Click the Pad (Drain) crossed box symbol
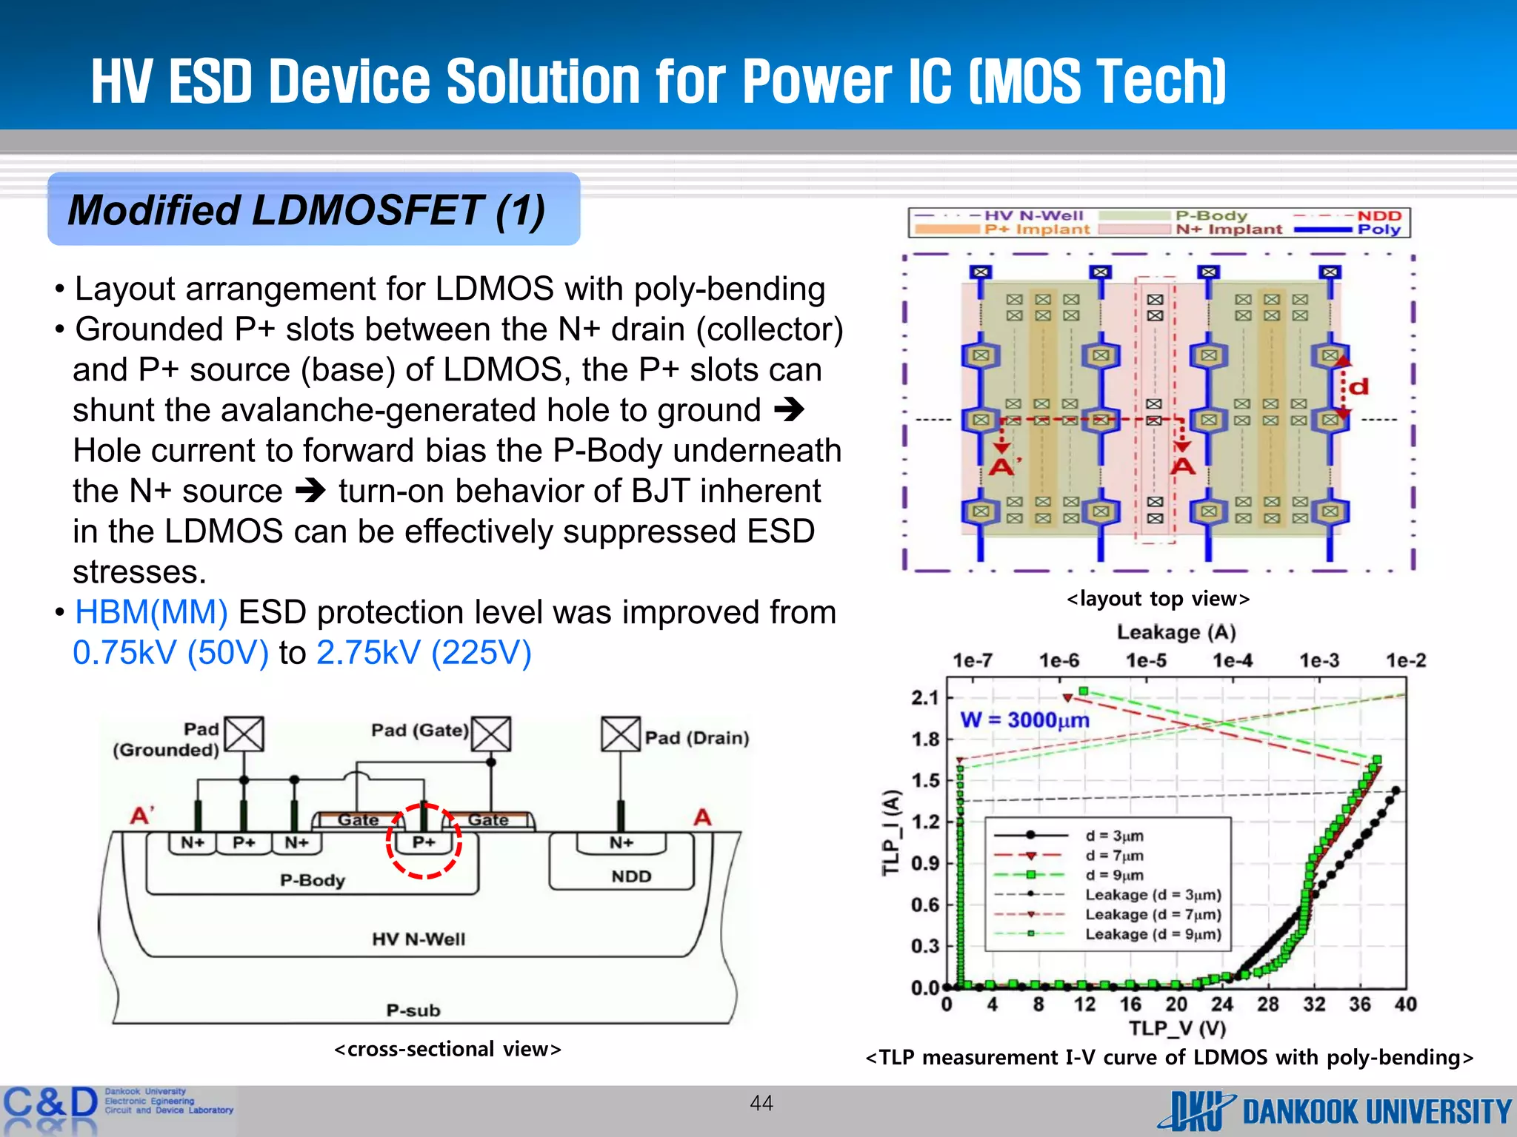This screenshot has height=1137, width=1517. [621, 734]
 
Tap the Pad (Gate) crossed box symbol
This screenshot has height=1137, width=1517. [491, 734]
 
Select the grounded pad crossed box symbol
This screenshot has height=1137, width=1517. [244, 734]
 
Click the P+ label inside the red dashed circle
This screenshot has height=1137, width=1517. [424, 842]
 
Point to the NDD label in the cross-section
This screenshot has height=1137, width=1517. [631, 876]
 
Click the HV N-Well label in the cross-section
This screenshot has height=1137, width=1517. [419, 939]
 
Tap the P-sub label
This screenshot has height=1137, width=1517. [413, 1010]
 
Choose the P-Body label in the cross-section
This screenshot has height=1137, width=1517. [313, 880]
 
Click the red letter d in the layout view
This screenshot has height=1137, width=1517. [1358, 387]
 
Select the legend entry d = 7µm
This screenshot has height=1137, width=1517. [1114, 856]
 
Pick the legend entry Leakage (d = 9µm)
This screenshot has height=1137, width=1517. [1153, 934]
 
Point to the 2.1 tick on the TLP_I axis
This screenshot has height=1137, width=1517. [925, 697]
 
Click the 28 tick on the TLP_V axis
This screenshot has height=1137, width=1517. [1268, 1004]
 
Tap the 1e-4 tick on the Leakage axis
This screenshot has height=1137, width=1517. [1233, 660]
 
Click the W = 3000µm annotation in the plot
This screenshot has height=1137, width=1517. [1024, 720]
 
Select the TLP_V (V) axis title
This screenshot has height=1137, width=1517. [1177, 1028]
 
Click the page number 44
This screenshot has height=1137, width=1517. [761, 1103]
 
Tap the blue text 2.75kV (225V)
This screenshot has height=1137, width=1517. [424, 653]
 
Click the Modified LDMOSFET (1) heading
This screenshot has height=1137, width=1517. [307, 210]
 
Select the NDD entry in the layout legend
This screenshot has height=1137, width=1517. [1378, 215]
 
